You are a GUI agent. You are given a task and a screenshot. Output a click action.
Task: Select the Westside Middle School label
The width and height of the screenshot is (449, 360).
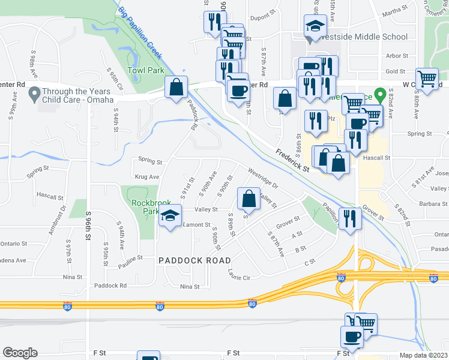(365, 37)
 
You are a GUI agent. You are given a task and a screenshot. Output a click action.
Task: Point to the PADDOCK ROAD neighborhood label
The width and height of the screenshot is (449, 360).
(194, 260)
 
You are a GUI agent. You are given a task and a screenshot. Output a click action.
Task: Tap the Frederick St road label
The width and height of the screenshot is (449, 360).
(292, 161)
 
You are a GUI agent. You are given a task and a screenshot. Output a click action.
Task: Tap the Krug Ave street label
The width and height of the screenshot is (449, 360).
(147, 177)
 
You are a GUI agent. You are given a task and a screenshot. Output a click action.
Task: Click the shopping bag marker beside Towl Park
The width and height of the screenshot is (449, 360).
(176, 88)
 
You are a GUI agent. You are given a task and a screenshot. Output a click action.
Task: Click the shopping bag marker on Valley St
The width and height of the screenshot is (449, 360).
(249, 199)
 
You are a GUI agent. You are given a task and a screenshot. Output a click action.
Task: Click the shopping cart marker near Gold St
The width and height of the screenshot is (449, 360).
(427, 78)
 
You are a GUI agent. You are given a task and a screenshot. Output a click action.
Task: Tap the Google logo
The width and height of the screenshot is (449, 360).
(20, 353)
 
